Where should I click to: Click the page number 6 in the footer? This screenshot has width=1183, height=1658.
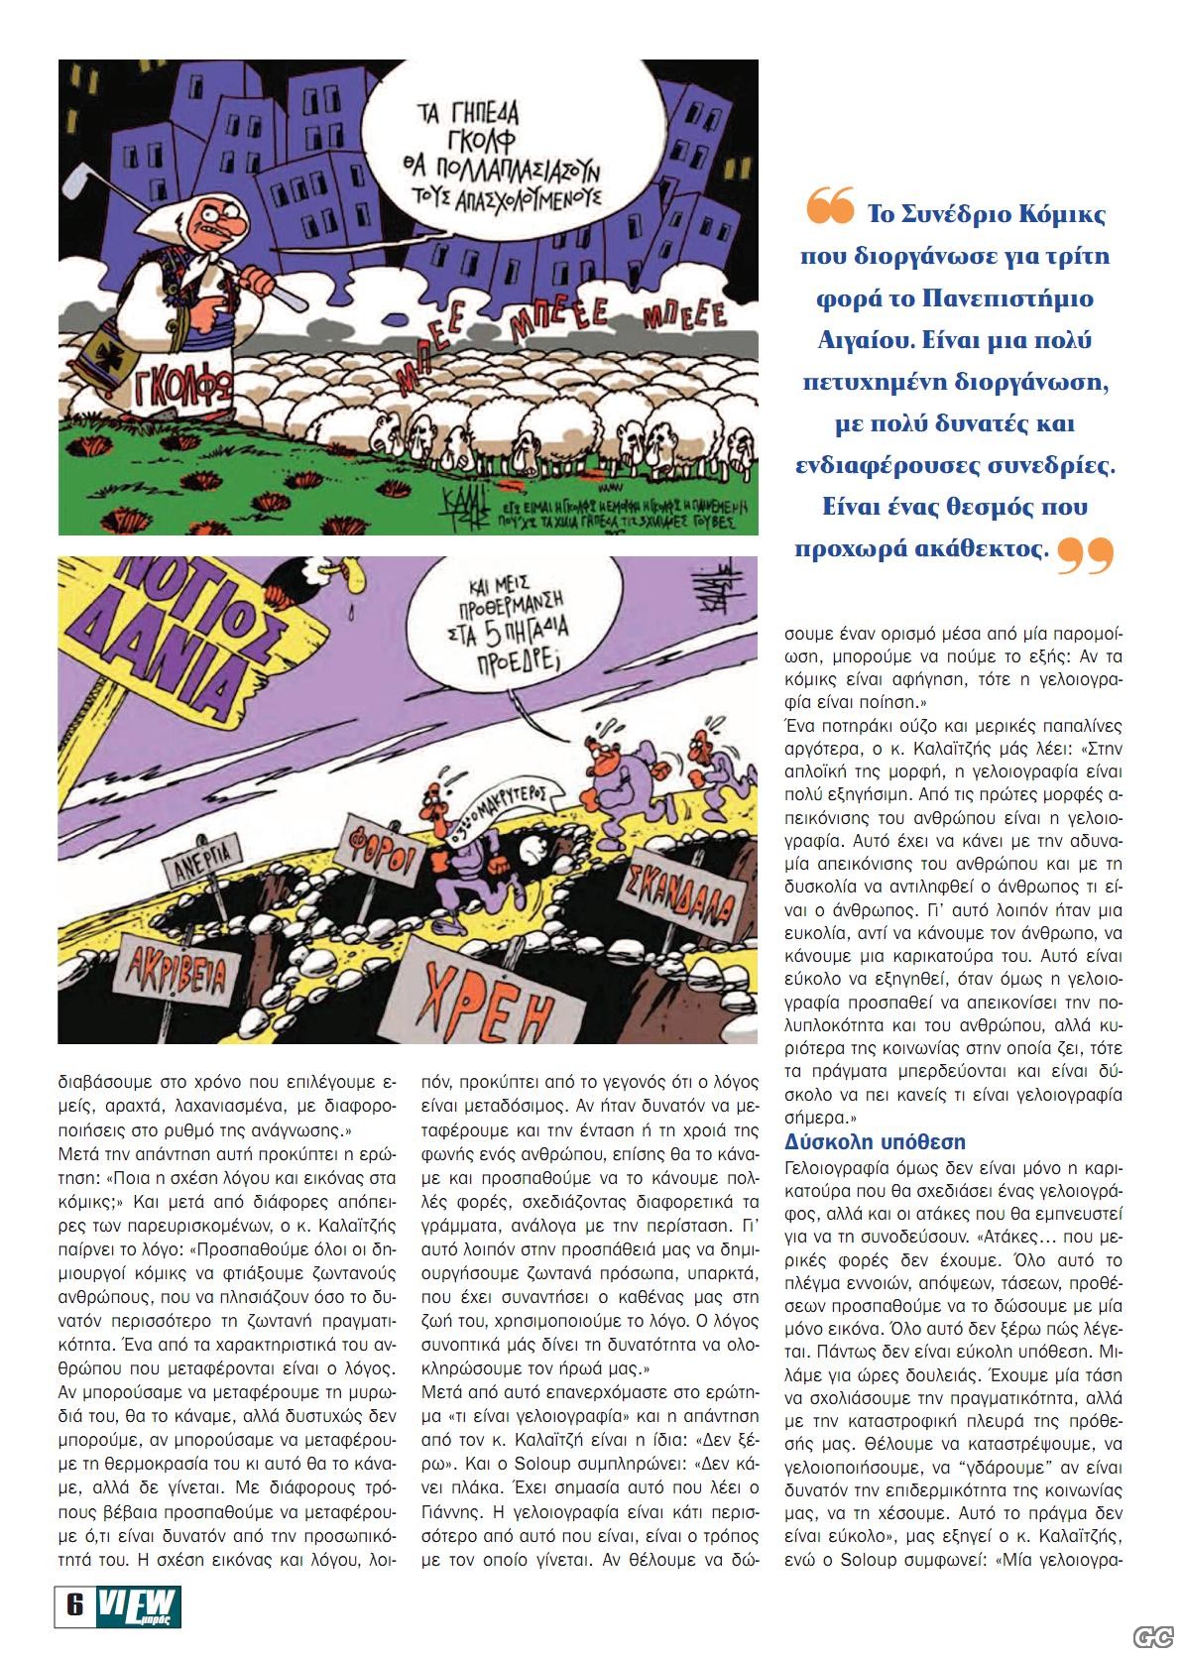(74, 1604)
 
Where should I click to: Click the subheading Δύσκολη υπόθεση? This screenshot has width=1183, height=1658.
(875, 1141)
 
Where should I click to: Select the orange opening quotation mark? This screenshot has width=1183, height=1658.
(829, 209)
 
